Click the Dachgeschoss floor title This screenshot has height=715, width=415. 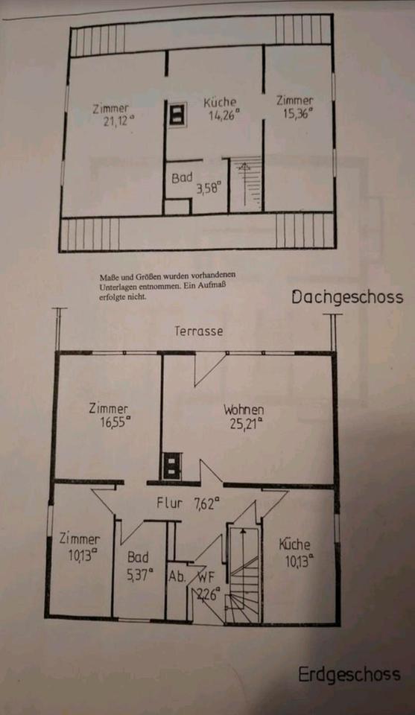coord(347,298)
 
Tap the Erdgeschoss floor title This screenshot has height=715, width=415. coord(349,675)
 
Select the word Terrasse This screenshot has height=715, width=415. coord(199,331)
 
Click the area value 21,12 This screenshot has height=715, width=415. coord(119,121)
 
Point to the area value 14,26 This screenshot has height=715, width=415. coord(224,115)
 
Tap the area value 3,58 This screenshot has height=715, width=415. coord(209,188)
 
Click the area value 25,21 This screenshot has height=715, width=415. coord(247,424)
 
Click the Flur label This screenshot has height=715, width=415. coord(170,503)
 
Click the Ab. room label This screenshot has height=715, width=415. coord(177,576)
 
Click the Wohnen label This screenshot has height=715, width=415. coord(244,410)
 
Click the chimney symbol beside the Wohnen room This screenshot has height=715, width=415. coord(172,466)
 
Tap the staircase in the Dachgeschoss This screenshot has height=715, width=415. coord(247,184)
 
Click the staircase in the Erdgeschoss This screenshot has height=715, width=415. coord(244,574)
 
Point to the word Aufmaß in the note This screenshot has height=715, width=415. coord(215,286)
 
